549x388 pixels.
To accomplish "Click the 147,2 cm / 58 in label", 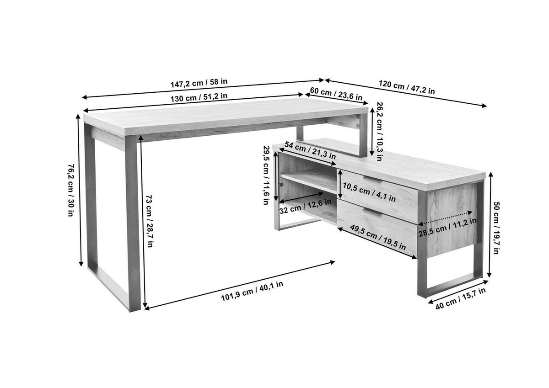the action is click(x=199, y=83).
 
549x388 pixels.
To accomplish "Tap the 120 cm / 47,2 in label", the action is click(x=407, y=87).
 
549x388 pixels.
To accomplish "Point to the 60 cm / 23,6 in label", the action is click(x=336, y=94).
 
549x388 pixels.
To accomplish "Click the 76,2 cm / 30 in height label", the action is click(x=71, y=190).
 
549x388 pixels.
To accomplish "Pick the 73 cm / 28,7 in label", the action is click(x=149, y=221).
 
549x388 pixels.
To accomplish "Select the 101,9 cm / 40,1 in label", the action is click(x=252, y=291).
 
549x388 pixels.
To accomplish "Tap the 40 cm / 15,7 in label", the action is click(x=461, y=298).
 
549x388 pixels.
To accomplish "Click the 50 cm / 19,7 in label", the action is click(x=496, y=228).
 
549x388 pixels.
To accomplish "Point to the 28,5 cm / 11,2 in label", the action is click(x=447, y=228).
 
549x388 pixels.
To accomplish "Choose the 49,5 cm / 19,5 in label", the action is click(x=378, y=237).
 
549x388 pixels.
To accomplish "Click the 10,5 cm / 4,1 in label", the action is click(x=369, y=192).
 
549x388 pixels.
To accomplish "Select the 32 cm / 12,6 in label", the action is click(x=306, y=207).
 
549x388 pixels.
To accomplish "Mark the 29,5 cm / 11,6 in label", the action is click(x=266, y=175).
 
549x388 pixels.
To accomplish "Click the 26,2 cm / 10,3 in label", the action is click(x=379, y=131).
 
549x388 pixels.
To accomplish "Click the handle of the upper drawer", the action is click(x=372, y=180).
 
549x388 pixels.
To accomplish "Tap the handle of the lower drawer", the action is click(x=372, y=212).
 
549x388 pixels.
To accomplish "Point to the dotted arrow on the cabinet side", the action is click(x=445, y=218).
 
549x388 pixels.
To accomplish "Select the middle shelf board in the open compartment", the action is click(x=309, y=181).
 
